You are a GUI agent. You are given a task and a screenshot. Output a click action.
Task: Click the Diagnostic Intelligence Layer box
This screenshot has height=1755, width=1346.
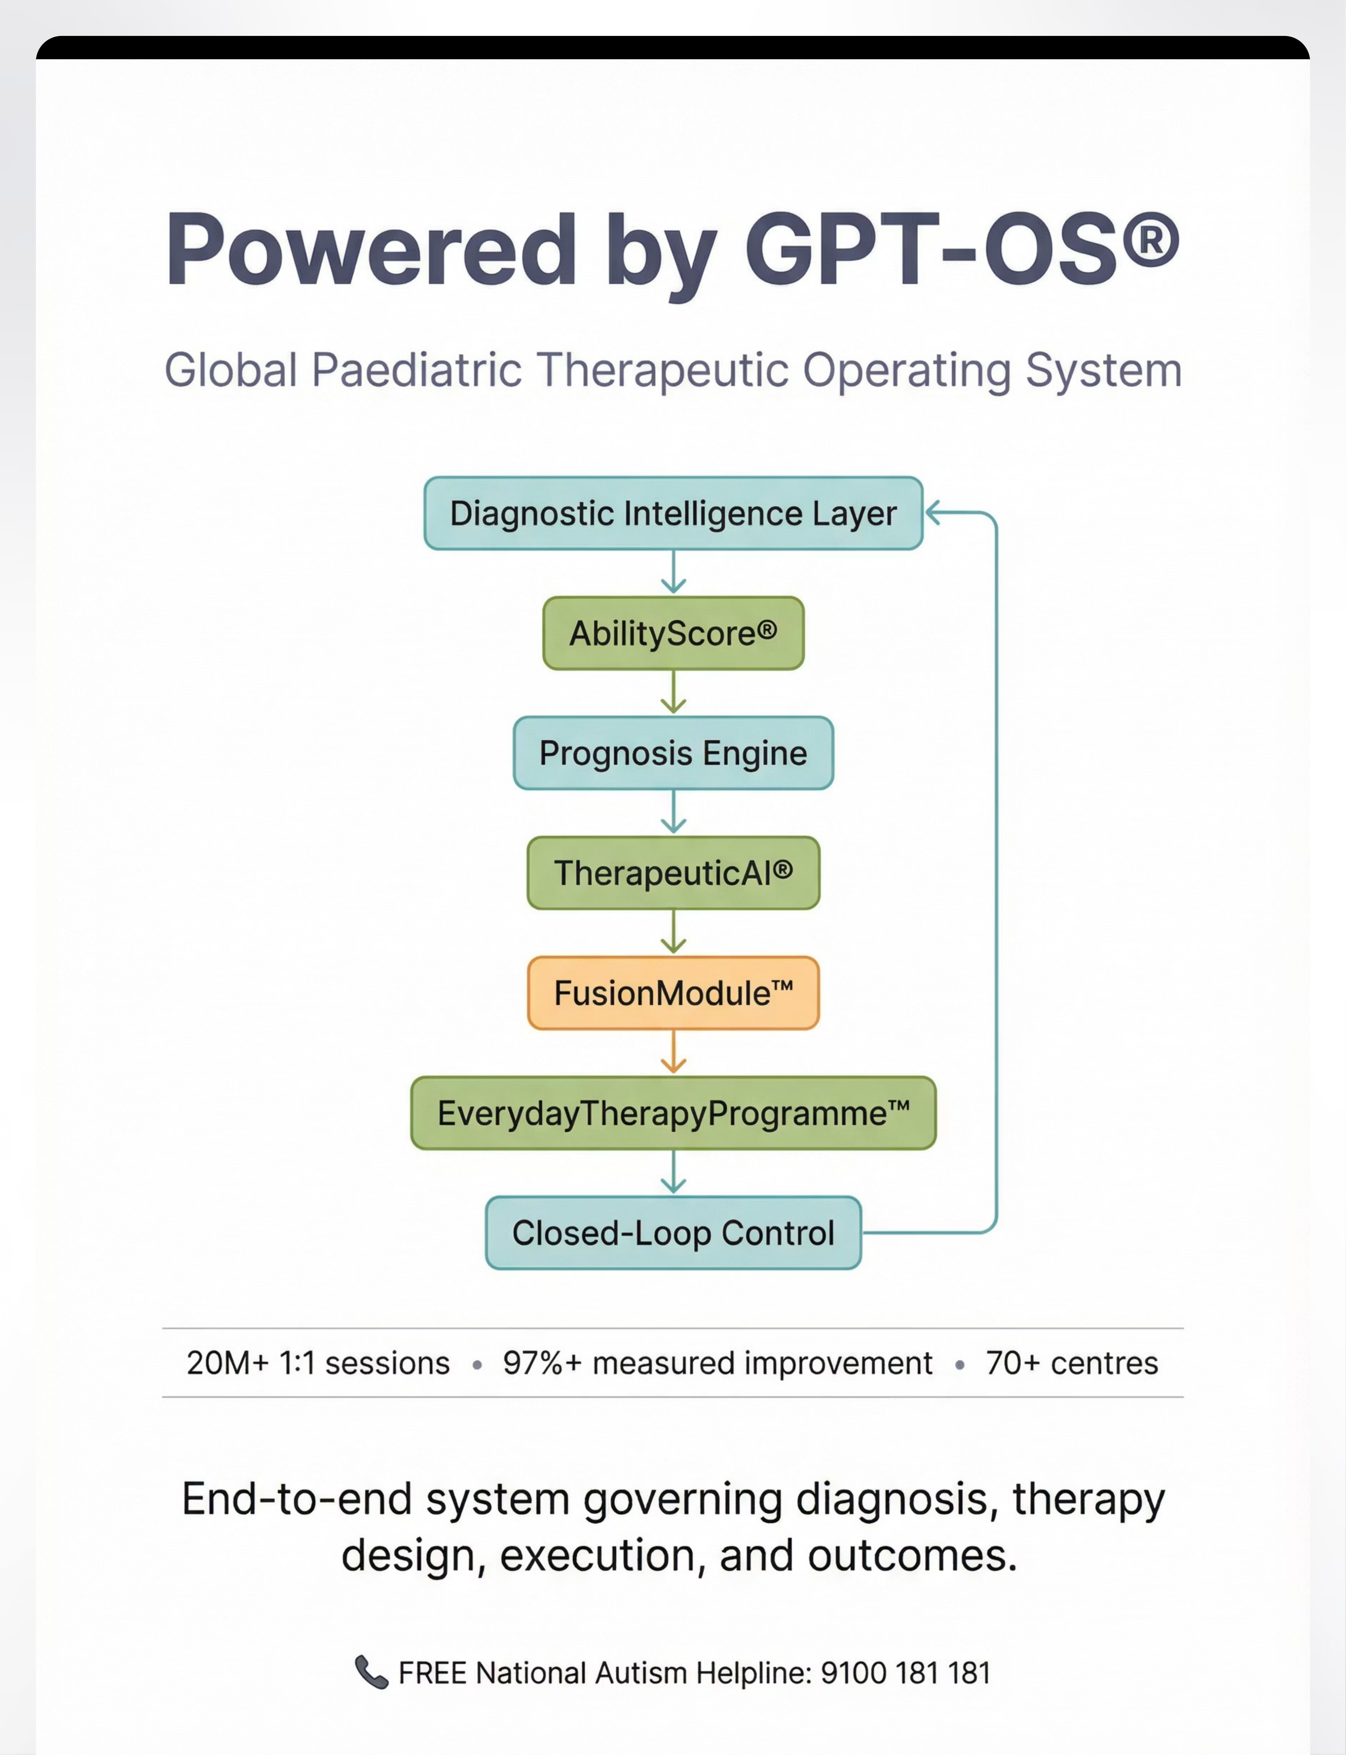(673, 513)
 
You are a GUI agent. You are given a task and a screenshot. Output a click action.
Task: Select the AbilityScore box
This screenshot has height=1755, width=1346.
(673, 633)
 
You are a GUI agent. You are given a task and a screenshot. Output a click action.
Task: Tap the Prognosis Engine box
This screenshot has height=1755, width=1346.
(673, 752)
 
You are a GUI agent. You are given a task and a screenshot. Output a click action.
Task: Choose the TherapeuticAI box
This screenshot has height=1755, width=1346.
(673, 873)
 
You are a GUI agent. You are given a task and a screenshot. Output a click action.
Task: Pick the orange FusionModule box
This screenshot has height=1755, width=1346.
(673, 993)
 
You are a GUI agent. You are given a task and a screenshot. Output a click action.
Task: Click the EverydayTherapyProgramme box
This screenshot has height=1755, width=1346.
(673, 1113)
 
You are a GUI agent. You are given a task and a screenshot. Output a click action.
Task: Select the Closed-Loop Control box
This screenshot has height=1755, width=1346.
(673, 1232)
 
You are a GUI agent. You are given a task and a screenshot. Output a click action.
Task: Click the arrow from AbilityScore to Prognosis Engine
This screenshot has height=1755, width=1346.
(673, 692)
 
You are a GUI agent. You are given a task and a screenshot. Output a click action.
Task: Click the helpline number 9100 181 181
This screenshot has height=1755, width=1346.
(905, 1673)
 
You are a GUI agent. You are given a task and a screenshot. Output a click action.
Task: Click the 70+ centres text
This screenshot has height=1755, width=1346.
(1072, 1363)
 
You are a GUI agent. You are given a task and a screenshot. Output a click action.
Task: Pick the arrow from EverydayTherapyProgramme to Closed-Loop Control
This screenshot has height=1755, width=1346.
(673, 1173)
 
